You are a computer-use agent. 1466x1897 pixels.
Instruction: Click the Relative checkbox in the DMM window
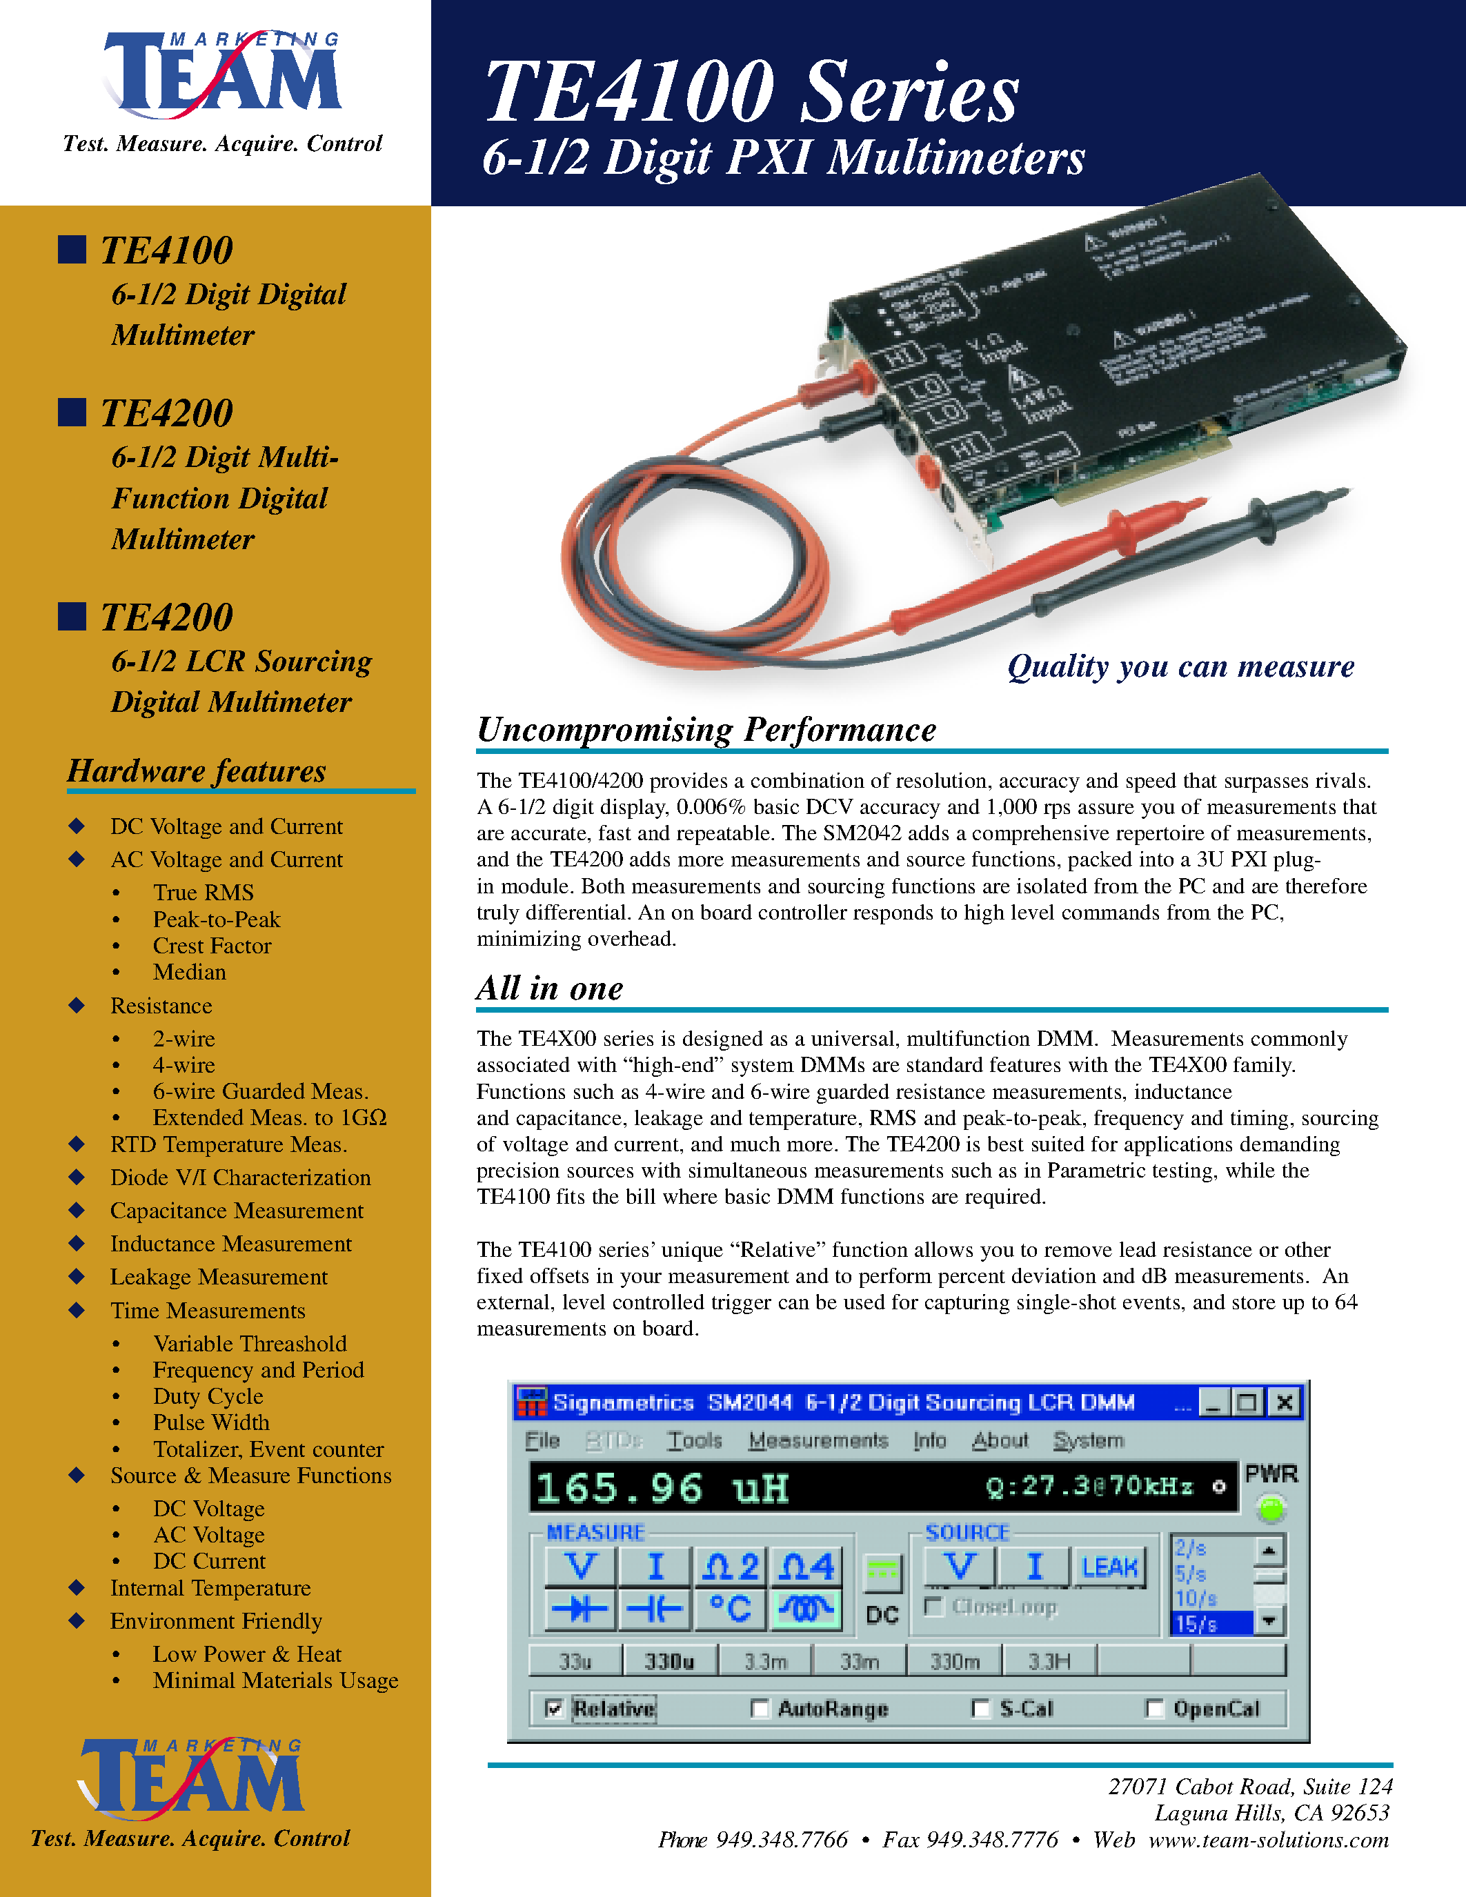coord(553,1709)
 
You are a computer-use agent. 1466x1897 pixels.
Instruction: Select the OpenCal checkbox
coord(1154,1709)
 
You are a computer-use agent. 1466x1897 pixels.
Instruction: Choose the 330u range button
coord(668,1662)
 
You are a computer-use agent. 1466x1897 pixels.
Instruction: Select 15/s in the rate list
coord(1211,1623)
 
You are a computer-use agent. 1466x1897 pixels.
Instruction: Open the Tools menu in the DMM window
coord(694,1440)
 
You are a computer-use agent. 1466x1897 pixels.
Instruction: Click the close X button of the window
coord(1285,1402)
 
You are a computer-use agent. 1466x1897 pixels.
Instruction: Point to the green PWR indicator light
coord(1271,1509)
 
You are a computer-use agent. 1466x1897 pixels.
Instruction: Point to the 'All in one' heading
coord(549,989)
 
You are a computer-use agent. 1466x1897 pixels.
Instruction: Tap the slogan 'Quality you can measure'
coord(1180,666)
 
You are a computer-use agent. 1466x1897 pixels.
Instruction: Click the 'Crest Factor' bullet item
coord(212,946)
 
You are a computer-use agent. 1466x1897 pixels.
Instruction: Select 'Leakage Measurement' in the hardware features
coord(219,1277)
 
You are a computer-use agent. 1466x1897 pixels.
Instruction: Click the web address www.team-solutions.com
coord(1268,1840)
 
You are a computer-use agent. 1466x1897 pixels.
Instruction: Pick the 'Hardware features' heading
coord(197,771)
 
